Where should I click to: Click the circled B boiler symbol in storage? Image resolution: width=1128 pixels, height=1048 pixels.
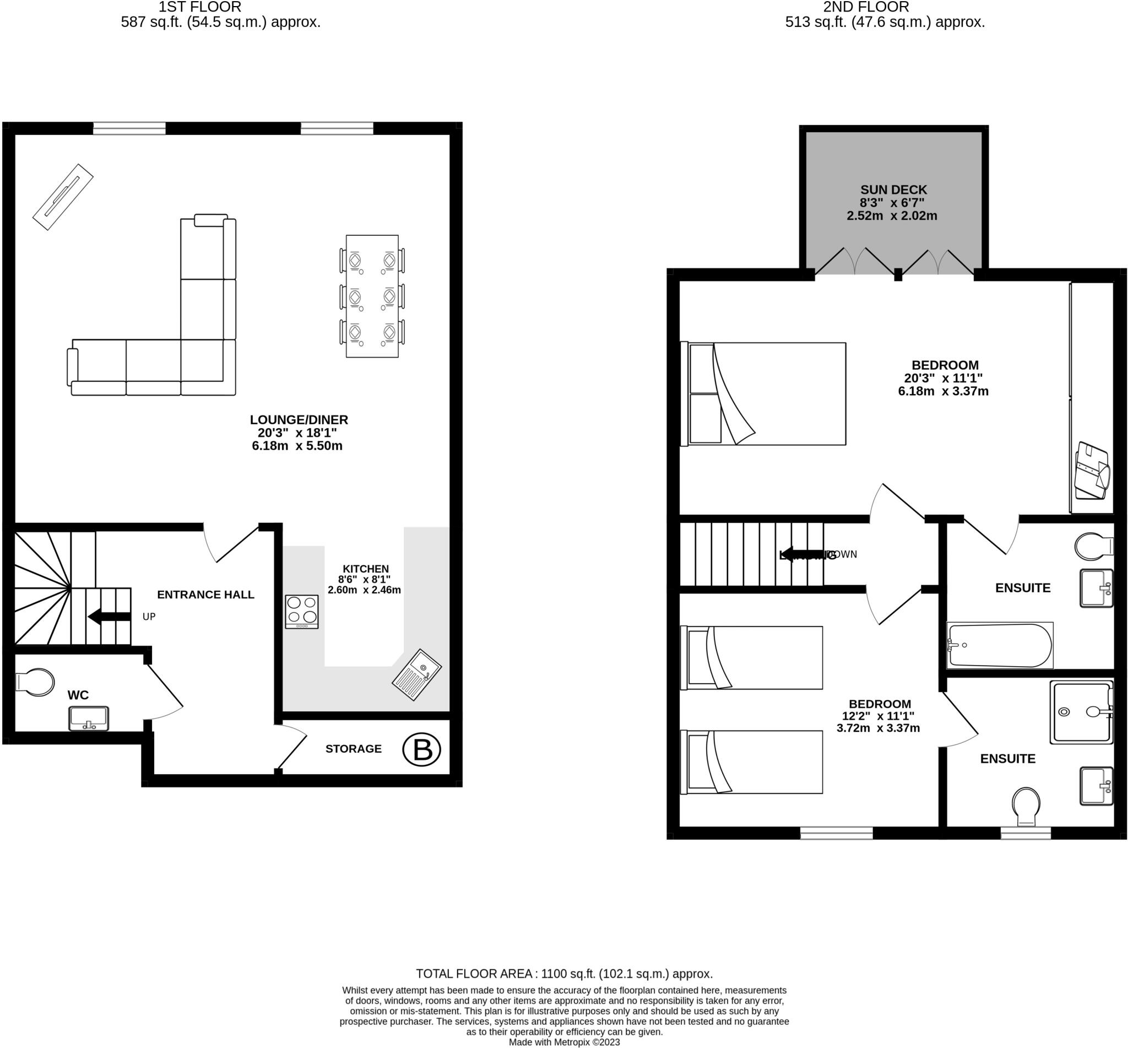[421, 750]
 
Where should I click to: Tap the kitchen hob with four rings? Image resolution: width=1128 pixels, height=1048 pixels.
[302, 612]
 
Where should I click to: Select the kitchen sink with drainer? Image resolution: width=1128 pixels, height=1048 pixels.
[416, 674]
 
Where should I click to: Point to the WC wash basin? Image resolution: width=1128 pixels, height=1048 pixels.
[89, 719]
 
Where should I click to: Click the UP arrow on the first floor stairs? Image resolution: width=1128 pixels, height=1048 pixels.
[110, 617]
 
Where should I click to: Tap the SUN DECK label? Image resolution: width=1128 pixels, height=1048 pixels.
[893, 190]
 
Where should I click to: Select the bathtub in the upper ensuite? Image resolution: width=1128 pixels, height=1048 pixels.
[999, 645]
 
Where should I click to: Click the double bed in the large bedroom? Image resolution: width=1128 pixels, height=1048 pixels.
[763, 393]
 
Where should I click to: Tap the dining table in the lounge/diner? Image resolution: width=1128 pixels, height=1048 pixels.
[372, 296]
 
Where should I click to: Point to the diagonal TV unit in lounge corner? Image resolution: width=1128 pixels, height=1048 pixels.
[62, 197]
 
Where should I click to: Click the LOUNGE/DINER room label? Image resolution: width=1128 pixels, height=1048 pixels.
[299, 420]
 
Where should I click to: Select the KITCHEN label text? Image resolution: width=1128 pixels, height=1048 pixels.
[366, 569]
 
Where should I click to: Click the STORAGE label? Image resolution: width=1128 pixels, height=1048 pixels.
[353, 749]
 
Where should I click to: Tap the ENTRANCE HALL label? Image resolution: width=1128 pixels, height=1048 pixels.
[205, 595]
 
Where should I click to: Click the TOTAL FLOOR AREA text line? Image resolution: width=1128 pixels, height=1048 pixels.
[564, 974]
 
